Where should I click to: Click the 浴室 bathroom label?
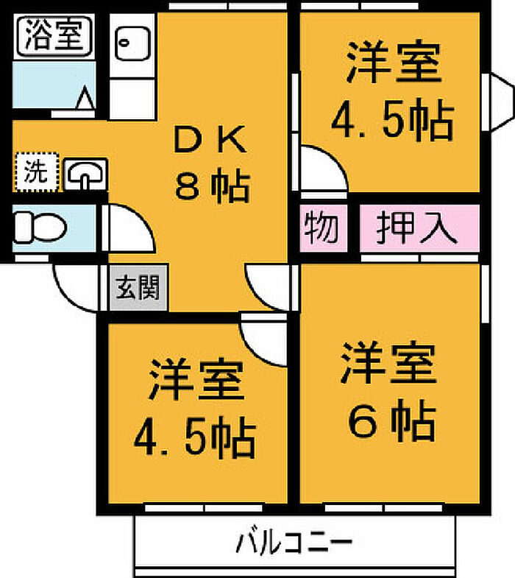[54, 36]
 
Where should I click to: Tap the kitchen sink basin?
[132, 44]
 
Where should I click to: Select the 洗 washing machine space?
[37, 172]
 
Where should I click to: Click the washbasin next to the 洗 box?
[86, 175]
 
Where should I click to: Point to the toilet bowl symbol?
[40, 227]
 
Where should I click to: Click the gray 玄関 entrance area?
[138, 287]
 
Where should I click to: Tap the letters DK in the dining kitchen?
[210, 139]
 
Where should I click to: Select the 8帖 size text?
[213, 186]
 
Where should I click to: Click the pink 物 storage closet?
[323, 228]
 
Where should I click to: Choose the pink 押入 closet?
[419, 228]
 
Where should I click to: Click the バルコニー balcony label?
[294, 543]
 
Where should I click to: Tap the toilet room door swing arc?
[138, 219]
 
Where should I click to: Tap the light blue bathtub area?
[54, 85]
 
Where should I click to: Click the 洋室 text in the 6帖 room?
[389, 363]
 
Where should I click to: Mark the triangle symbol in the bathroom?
[85, 97]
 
